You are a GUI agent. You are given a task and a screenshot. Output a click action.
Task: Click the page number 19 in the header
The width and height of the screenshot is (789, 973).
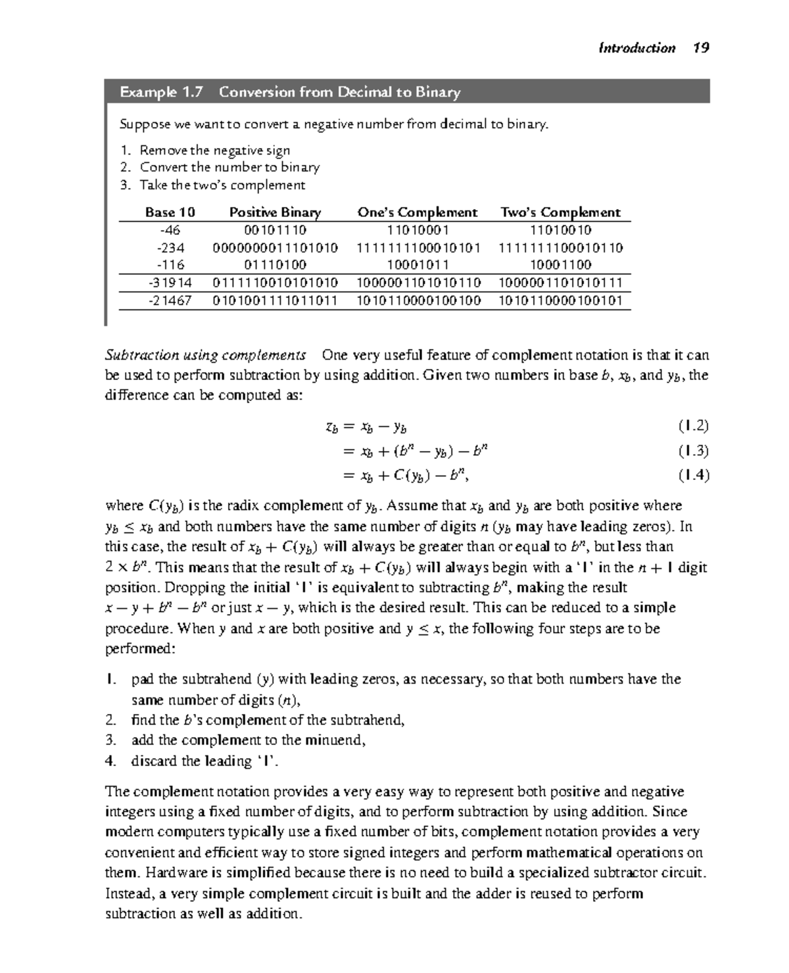(701, 47)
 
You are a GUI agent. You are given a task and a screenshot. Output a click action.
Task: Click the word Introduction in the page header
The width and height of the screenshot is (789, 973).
(636, 47)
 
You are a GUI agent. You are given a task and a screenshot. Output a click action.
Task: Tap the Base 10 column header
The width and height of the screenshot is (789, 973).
(170, 212)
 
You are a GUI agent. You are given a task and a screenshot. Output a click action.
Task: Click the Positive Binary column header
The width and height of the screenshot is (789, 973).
(275, 212)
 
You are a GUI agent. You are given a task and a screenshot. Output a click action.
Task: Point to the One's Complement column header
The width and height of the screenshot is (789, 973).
(418, 212)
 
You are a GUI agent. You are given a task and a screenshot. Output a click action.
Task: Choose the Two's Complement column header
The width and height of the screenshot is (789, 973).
(560, 212)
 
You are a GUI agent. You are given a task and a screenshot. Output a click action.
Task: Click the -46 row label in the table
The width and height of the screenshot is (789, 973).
(170, 230)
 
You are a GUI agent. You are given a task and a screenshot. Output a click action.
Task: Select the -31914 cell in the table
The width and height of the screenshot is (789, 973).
(170, 283)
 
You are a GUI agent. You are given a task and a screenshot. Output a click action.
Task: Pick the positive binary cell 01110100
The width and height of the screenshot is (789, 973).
(275, 265)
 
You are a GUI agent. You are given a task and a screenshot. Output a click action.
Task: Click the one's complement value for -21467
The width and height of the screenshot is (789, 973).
(418, 300)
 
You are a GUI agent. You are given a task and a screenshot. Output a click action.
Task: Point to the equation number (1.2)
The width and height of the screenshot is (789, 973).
(694, 426)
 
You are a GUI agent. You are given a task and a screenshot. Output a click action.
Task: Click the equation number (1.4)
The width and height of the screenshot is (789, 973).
(694, 475)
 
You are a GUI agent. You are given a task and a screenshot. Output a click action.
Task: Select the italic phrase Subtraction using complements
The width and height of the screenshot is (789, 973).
(206, 355)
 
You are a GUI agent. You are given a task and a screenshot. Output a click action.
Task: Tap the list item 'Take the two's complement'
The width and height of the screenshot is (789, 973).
(222, 185)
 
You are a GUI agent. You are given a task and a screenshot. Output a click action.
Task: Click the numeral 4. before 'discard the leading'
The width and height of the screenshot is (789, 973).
(110, 761)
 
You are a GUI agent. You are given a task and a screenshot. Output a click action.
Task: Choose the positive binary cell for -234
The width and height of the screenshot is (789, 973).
(275, 248)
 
